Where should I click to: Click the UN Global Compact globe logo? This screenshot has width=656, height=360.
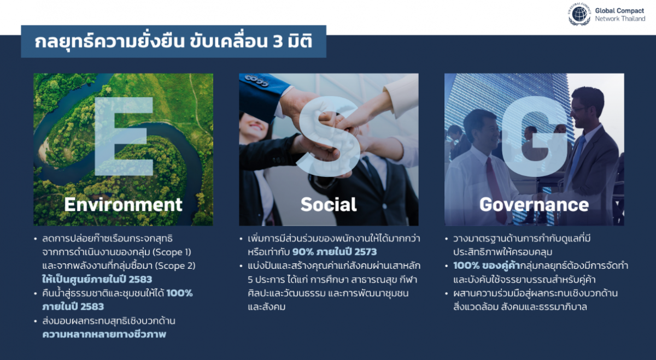[579, 14]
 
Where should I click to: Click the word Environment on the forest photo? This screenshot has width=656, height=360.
[124, 204]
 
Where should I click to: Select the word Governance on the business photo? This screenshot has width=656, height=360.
[534, 204]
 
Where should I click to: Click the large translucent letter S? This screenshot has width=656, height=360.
[329, 137]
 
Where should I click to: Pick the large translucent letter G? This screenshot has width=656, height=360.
[535, 137]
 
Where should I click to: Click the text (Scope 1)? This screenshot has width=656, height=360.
[172, 252]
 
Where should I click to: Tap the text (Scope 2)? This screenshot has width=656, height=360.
[175, 265]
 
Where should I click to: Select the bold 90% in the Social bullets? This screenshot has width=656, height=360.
[302, 252]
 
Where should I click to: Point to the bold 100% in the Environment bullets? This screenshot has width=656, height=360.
[179, 293]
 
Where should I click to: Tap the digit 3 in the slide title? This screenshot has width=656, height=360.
[278, 42]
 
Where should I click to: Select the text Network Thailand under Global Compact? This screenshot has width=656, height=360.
[620, 19]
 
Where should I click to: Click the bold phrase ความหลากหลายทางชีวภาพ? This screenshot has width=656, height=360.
[104, 334]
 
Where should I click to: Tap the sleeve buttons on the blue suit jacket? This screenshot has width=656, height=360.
[257, 80]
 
